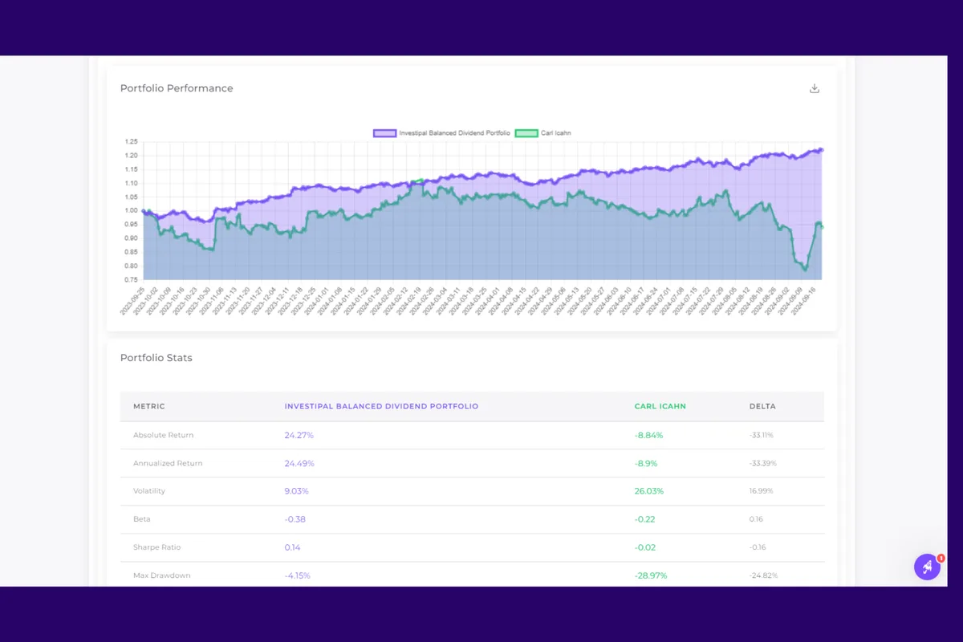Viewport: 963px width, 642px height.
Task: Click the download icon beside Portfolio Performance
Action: point(815,88)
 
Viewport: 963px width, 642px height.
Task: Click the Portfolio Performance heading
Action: point(177,88)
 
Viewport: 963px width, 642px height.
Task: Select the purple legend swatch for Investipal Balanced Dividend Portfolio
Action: point(384,133)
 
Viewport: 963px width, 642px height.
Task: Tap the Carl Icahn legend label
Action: point(555,133)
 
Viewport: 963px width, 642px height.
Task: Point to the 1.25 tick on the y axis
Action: point(132,141)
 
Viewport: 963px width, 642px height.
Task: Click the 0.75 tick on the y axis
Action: point(132,280)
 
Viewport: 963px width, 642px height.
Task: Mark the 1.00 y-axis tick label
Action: point(132,210)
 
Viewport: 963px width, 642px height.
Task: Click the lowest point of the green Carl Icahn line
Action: point(805,270)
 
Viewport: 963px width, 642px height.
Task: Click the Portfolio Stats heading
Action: point(156,358)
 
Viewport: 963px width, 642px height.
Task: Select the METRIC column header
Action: point(149,406)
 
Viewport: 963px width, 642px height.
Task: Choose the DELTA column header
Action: point(762,406)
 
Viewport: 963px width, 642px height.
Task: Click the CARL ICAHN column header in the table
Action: point(660,406)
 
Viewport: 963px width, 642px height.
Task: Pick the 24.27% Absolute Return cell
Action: point(299,435)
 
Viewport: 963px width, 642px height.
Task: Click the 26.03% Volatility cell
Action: point(648,491)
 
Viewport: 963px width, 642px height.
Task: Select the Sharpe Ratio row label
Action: point(156,547)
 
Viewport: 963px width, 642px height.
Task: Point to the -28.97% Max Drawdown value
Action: point(650,575)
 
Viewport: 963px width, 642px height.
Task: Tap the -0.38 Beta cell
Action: point(295,519)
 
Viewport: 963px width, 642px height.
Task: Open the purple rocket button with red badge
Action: point(927,567)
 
